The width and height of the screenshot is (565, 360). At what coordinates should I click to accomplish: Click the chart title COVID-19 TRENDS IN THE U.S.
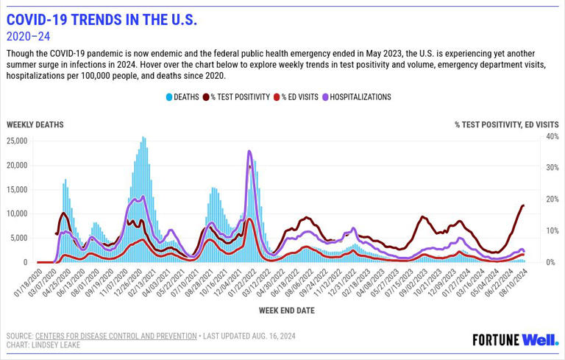(x=102, y=20)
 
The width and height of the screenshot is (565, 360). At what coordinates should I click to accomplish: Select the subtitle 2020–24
(x=28, y=37)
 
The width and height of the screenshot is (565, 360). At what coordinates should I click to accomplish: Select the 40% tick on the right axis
(x=552, y=137)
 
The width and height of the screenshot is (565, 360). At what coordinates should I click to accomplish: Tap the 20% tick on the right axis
(x=552, y=200)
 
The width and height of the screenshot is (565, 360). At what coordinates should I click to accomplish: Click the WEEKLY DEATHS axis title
(x=35, y=125)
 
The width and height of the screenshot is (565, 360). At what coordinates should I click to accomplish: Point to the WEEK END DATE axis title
(x=286, y=311)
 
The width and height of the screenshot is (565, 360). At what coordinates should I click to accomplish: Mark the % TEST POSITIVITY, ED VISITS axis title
(x=506, y=125)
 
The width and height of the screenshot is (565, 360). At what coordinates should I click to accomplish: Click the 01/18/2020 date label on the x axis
(x=26, y=283)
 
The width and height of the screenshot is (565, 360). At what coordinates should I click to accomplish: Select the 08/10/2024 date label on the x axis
(x=513, y=283)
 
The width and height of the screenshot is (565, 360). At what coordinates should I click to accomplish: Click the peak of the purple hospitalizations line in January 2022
(x=249, y=152)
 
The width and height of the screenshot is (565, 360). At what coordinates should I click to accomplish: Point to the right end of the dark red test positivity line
(x=523, y=205)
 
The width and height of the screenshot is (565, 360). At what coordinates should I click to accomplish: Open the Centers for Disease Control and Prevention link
(x=116, y=336)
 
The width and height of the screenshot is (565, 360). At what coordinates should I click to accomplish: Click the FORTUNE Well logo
(x=515, y=339)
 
